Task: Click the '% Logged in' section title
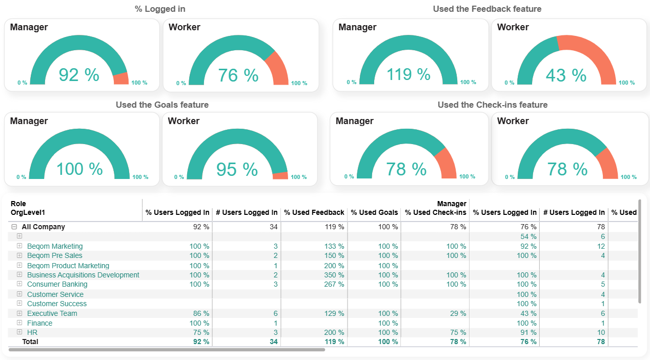click(160, 9)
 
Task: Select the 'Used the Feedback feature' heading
click(487, 9)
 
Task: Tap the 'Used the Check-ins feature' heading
click(492, 105)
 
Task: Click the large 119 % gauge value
click(408, 74)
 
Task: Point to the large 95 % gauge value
click(237, 169)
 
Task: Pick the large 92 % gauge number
click(79, 75)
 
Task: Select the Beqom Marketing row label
click(55, 246)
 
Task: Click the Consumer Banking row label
click(57, 284)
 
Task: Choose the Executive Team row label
click(52, 313)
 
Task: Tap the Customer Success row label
click(57, 304)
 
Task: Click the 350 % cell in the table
click(334, 275)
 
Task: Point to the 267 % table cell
click(334, 284)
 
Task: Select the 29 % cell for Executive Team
click(458, 313)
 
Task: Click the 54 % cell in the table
click(528, 236)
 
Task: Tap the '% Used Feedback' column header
click(314, 212)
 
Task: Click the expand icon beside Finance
click(19, 323)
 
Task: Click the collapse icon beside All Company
click(14, 227)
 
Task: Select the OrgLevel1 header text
click(28, 212)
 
